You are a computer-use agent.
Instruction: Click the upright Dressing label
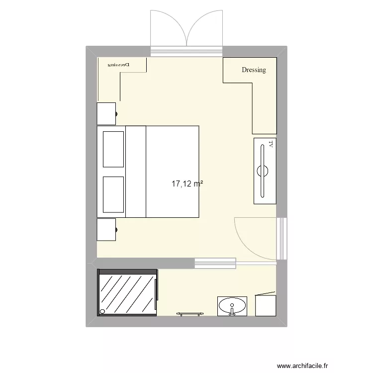click(254, 70)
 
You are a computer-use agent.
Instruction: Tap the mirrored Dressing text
click(120, 65)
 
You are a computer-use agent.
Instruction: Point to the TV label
click(271, 144)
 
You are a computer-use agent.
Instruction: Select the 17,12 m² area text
click(187, 184)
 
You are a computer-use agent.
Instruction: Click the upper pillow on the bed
click(113, 149)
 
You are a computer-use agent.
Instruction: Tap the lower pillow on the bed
click(113, 193)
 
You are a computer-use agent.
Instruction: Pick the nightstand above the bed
click(106, 113)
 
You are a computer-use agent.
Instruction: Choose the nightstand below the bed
click(106, 229)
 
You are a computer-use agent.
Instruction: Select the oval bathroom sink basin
click(232, 303)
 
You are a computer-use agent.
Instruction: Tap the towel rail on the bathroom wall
click(189, 313)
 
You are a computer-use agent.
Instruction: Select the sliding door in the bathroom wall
click(215, 263)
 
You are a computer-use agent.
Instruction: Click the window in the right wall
click(282, 238)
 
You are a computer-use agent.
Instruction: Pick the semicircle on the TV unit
click(263, 171)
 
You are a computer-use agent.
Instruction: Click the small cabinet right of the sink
click(266, 305)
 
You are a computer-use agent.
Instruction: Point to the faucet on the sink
click(232, 311)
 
